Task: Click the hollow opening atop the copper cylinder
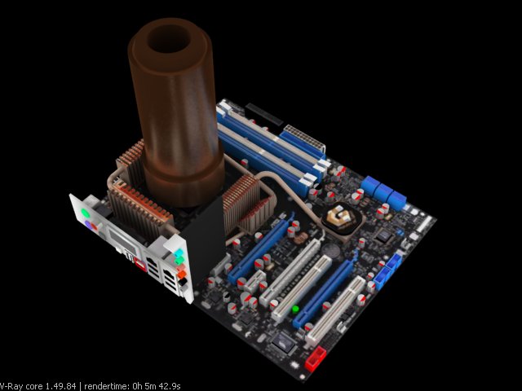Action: coord(169,38)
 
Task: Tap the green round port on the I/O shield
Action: coord(85,213)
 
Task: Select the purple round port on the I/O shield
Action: coord(89,225)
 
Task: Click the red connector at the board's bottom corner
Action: coord(315,358)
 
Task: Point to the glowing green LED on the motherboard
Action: coord(295,310)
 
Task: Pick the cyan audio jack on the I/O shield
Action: coord(179,253)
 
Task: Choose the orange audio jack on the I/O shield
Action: coord(181,275)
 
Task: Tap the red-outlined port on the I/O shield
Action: coord(140,265)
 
